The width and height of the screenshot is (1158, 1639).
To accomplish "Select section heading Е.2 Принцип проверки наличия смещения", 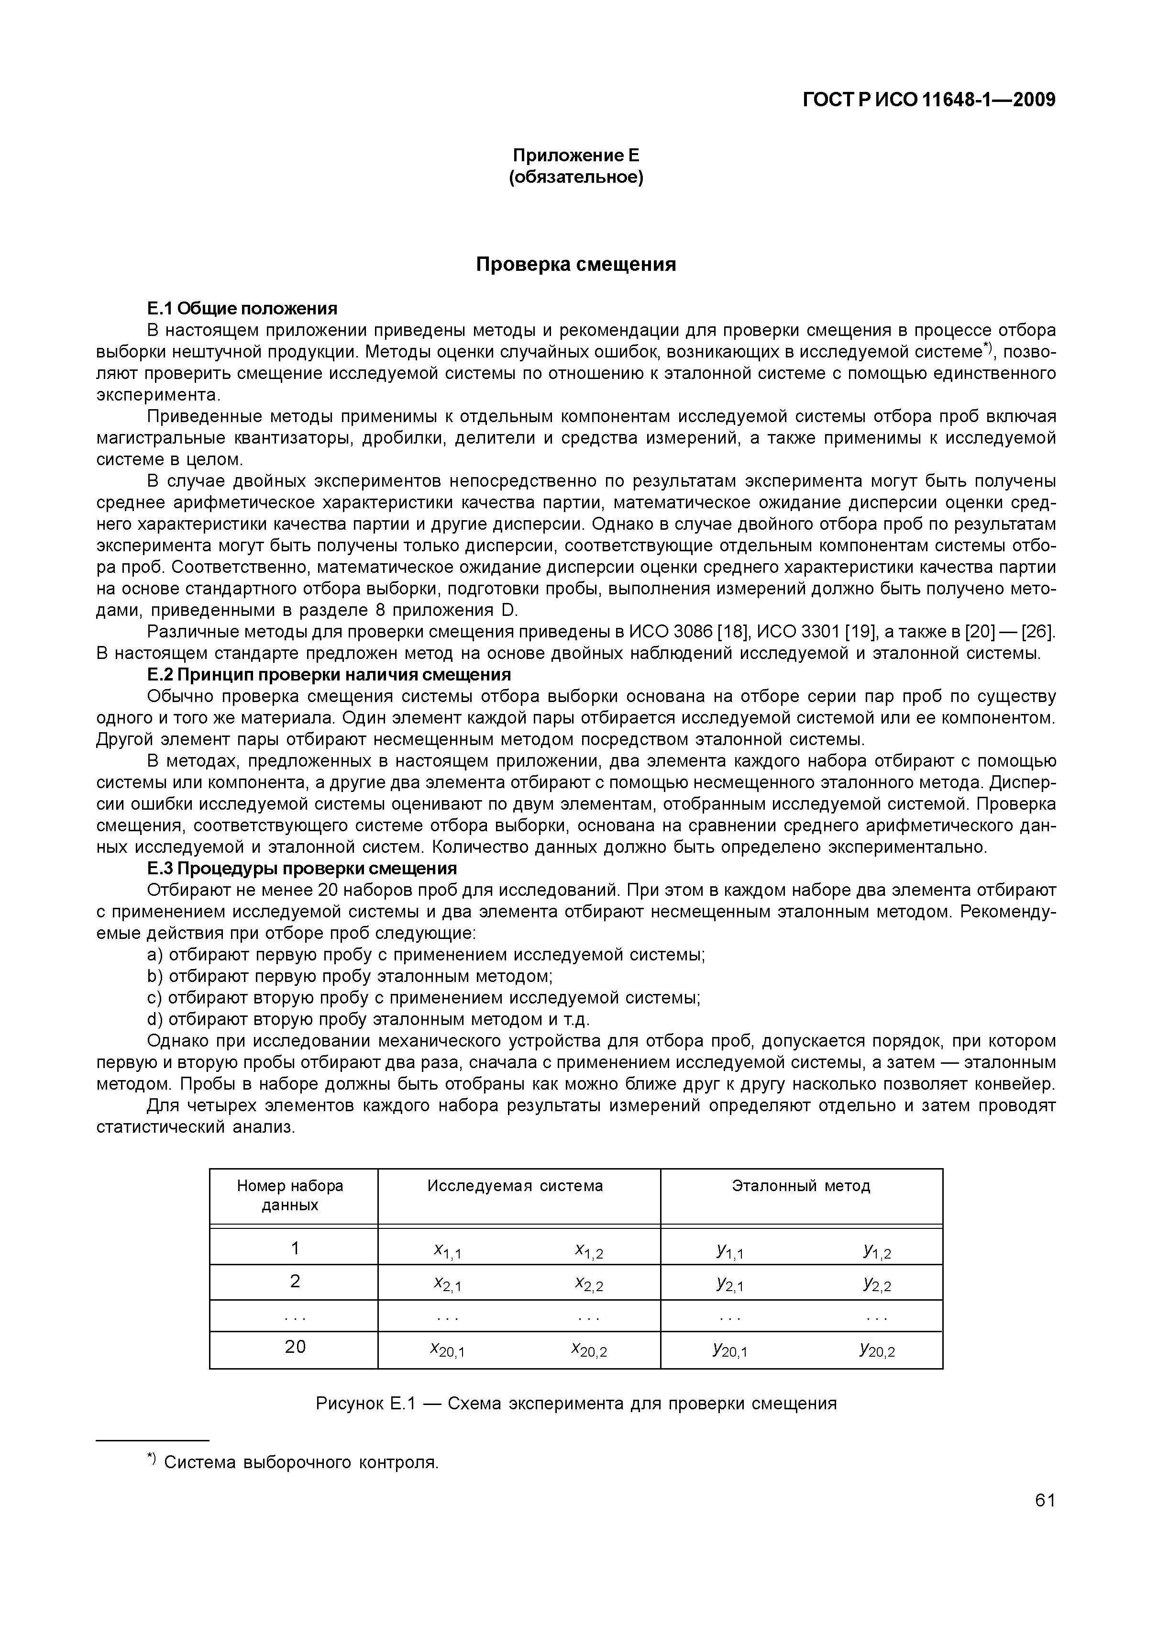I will click(329, 675).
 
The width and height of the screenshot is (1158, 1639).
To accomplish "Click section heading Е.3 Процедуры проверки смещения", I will click(301, 869).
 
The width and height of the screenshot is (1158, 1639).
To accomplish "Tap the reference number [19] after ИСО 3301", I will click(856, 632).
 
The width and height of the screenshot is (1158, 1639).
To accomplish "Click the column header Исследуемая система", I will click(515, 1186).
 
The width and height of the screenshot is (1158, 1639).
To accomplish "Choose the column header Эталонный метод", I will click(801, 1186).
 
